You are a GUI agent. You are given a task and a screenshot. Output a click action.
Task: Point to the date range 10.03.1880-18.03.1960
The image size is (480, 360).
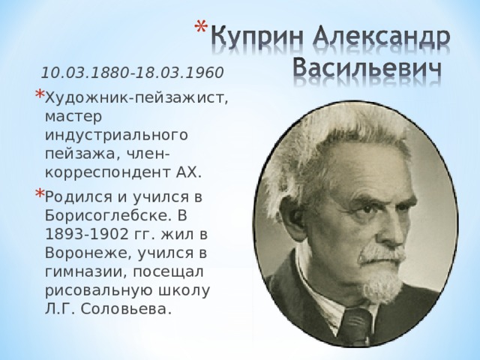(x=132, y=73)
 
